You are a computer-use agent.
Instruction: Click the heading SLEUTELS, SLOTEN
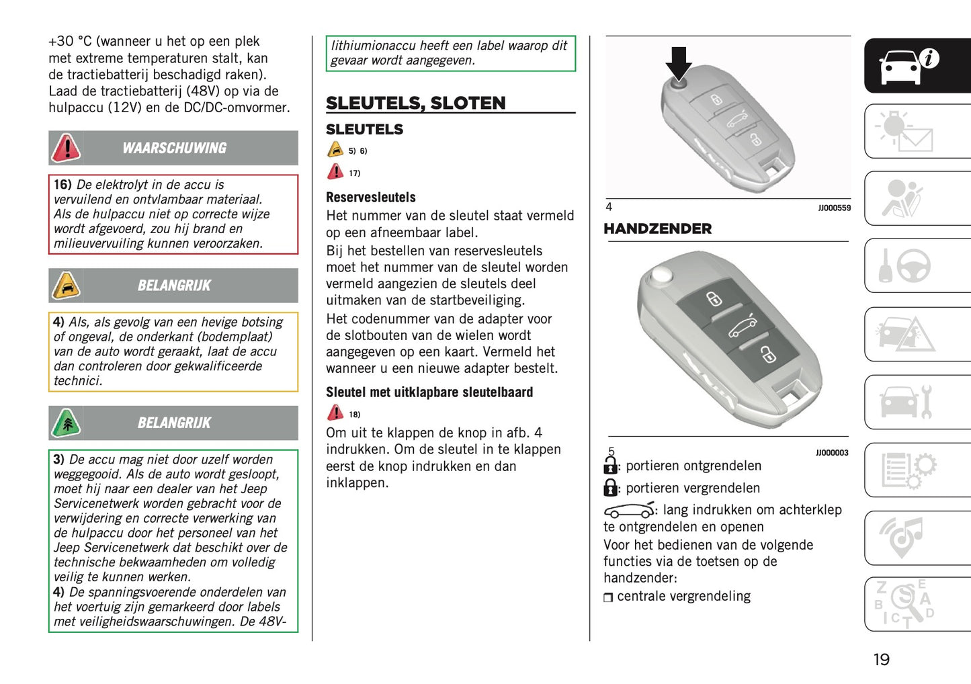pyautogui.click(x=415, y=103)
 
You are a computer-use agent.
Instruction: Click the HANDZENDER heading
pyautogui.click(x=657, y=229)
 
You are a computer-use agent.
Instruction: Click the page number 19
pyautogui.click(x=881, y=660)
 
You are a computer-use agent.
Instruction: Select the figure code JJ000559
pyautogui.click(x=834, y=208)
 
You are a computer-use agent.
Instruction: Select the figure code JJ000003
pyautogui.click(x=832, y=453)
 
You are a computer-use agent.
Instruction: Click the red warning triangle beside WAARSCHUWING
pyautogui.click(x=67, y=148)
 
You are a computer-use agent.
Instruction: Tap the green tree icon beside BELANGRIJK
pyautogui.click(x=67, y=423)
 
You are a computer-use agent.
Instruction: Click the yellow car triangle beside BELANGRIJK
pyautogui.click(x=67, y=286)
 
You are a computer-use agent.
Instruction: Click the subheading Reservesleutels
pyautogui.click(x=370, y=198)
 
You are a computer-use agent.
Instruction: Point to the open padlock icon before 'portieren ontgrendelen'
pyautogui.click(x=610, y=465)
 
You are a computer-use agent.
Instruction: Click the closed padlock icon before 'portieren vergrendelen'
pyautogui.click(x=610, y=487)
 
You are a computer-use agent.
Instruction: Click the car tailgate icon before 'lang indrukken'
pyautogui.click(x=628, y=510)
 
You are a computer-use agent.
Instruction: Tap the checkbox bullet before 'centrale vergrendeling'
pyautogui.click(x=608, y=597)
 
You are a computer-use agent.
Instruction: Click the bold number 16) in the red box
pyautogui.click(x=62, y=185)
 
